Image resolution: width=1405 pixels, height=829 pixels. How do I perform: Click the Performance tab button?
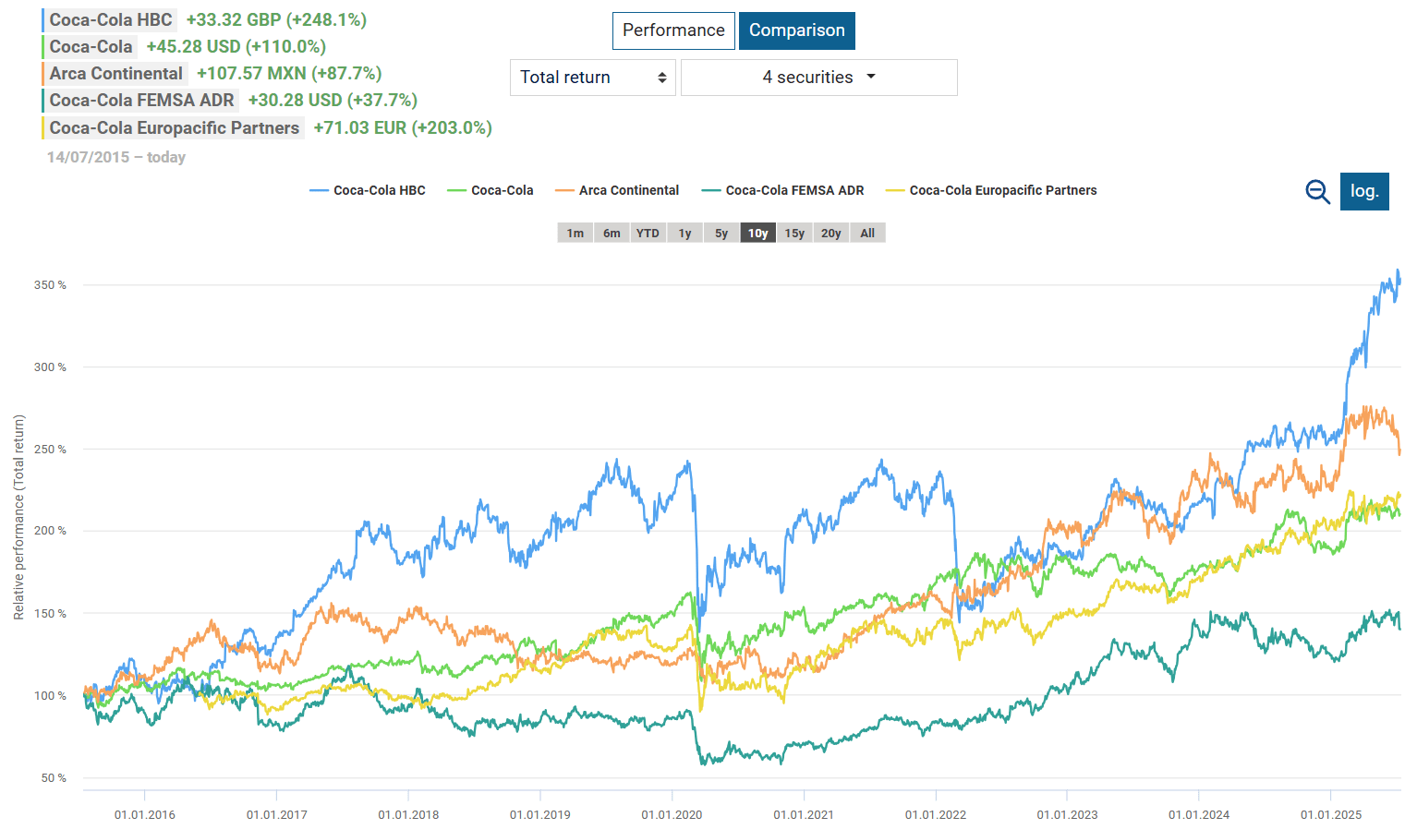tap(673, 30)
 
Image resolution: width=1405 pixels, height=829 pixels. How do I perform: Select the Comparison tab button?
tap(796, 30)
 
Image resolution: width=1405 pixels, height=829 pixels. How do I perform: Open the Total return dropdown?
tap(592, 78)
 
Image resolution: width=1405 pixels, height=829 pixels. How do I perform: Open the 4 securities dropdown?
tap(818, 78)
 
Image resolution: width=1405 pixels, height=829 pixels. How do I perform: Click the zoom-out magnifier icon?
tap(1317, 191)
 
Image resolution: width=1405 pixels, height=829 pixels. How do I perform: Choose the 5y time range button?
tap(721, 234)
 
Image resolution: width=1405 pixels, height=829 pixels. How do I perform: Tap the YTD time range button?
tap(648, 234)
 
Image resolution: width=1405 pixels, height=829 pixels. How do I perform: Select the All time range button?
tap(867, 234)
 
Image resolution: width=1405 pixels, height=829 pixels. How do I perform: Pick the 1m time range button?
tap(575, 234)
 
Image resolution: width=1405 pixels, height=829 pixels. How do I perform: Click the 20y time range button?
tap(831, 234)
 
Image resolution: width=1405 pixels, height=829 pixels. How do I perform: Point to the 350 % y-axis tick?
tap(50, 285)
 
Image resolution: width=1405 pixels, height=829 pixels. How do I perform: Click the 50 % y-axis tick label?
tap(54, 778)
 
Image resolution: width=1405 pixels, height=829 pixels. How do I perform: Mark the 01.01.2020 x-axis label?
tap(672, 815)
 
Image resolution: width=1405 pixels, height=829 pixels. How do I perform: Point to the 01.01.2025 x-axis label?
tap(1331, 815)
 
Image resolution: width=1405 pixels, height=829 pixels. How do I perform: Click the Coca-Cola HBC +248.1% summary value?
tap(276, 20)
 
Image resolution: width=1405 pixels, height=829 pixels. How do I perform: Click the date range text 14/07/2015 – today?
tap(116, 158)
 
